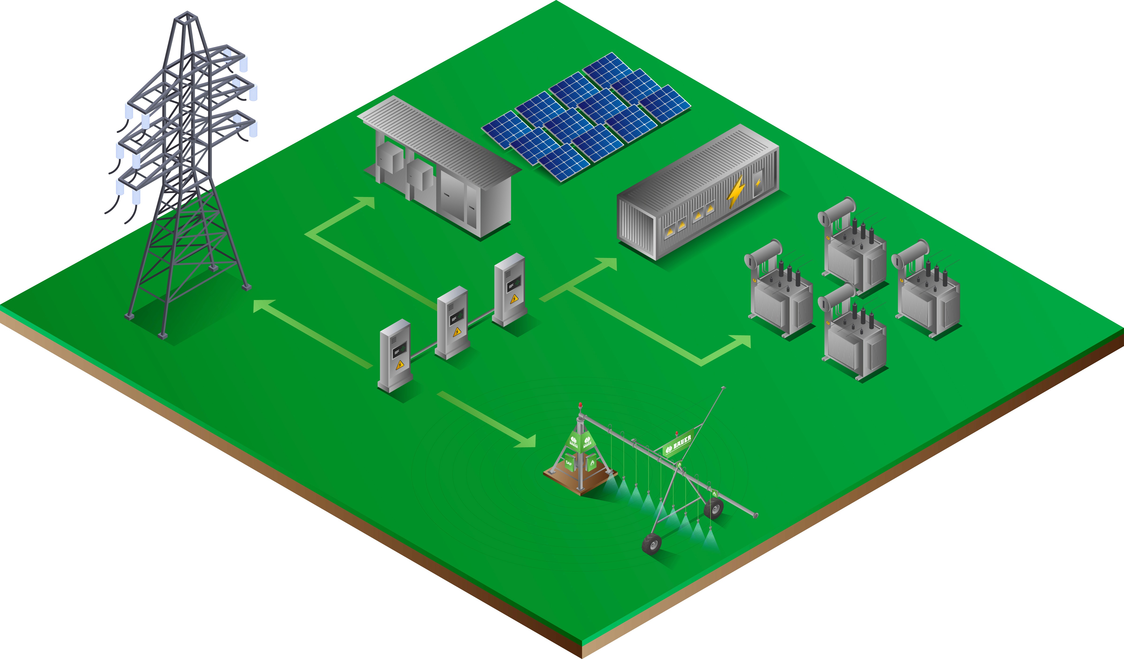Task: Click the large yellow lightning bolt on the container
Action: click(x=735, y=192)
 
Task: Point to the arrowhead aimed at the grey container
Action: click(x=609, y=264)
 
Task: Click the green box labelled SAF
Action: click(x=569, y=463)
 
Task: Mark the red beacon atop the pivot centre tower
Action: click(x=580, y=405)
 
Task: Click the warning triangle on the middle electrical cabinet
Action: click(x=457, y=332)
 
